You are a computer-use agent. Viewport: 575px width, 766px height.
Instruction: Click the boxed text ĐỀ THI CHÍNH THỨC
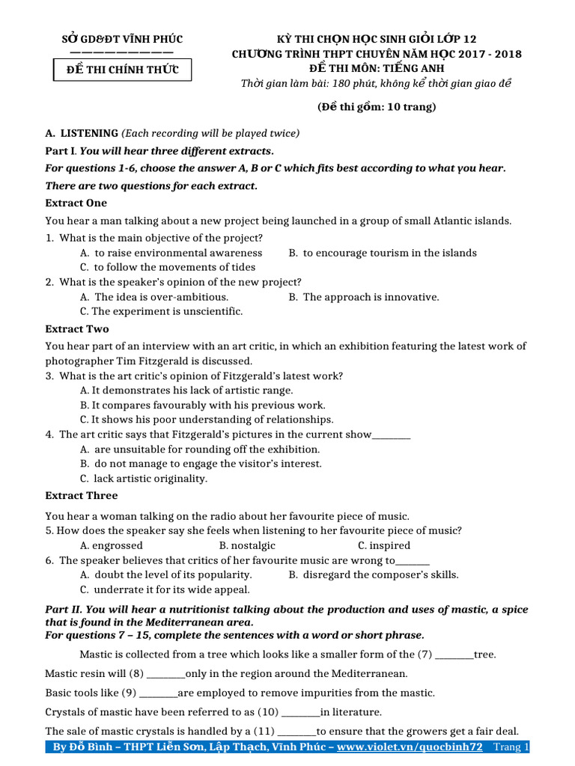pyautogui.click(x=121, y=70)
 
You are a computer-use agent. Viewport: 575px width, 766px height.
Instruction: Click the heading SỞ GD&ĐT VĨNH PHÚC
pyautogui.click(x=121, y=39)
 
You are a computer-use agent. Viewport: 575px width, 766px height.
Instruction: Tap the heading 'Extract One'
pyautogui.click(x=76, y=203)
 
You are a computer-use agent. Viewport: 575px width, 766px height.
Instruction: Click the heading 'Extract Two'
pyautogui.click(x=77, y=329)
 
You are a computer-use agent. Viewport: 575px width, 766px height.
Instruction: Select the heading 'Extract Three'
pyautogui.click(x=82, y=495)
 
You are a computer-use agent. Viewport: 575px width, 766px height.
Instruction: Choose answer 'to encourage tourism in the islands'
pyautogui.click(x=389, y=253)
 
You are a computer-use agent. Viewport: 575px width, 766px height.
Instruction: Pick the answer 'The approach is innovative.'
pyautogui.click(x=371, y=297)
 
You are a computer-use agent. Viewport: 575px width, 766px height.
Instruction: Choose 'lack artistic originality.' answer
pyautogui.click(x=150, y=479)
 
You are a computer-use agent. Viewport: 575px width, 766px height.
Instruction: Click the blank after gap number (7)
pyautogui.click(x=454, y=655)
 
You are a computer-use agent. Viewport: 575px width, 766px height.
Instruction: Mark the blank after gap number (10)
pyautogui.click(x=299, y=712)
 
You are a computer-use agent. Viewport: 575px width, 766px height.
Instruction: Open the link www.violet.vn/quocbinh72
pyautogui.click(x=410, y=747)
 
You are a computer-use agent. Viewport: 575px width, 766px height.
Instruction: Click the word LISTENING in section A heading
pyautogui.click(x=89, y=133)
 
